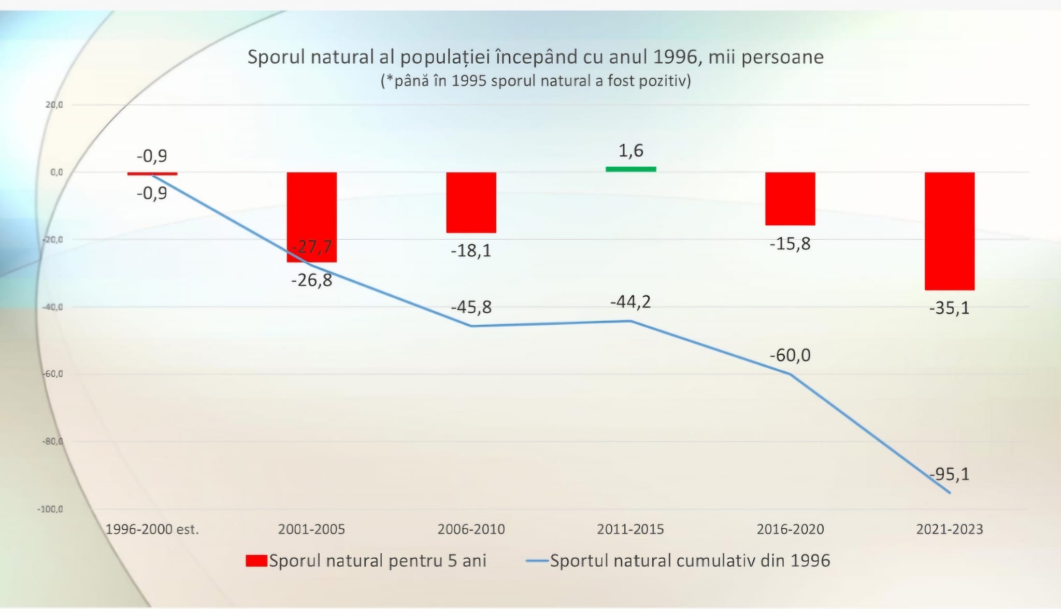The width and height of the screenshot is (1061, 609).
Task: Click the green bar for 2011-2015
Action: coord(630,169)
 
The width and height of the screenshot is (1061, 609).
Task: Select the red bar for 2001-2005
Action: coord(312,217)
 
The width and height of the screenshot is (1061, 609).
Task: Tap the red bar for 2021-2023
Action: coord(950,231)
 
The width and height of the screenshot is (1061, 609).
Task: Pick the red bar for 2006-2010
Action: coord(471,202)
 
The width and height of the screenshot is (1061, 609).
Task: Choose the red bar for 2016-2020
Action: coord(790,199)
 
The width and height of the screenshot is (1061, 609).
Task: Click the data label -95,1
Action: coord(949,474)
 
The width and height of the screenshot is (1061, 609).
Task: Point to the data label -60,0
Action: coord(790,355)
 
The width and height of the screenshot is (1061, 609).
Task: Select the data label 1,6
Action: coord(630,151)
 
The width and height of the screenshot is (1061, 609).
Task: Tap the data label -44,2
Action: coord(630,301)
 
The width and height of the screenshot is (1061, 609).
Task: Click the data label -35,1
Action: coord(949,309)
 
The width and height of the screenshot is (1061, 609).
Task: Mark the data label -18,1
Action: coord(471,251)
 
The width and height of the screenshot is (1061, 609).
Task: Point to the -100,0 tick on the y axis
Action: coord(50,509)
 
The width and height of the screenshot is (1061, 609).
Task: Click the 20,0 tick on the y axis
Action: coord(54,105)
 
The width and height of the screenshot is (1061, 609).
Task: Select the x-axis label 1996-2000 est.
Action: coord(152,529)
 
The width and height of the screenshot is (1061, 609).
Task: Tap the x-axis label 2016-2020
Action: coord(790,529)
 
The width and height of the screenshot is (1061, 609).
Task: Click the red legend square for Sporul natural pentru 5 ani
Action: coord(256,561)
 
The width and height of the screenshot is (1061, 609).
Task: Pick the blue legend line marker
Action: coord(537,561)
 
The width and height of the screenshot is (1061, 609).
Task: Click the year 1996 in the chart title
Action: coord(675,57)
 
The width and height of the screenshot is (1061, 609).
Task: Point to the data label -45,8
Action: coord(471,307)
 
